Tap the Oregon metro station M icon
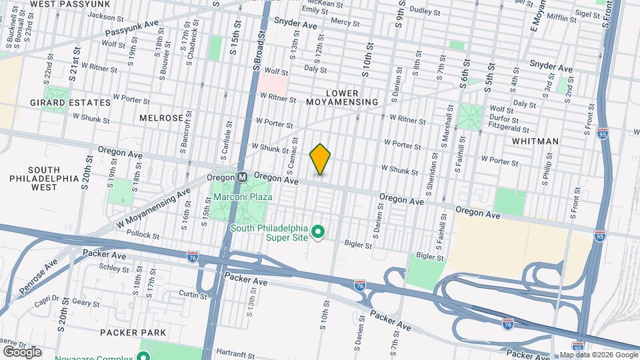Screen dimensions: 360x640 tap(243, 177)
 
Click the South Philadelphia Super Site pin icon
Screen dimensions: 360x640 tap(319, 232)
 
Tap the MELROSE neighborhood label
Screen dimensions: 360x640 tap(161, 117)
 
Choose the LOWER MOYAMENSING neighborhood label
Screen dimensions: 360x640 tap(342, 97)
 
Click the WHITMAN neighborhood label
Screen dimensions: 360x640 tap(535, 141)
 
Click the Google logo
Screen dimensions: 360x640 tap(22, 351)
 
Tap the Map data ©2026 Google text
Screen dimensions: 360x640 tap(599, 355)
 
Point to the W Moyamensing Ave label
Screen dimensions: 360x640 tap(151, 207)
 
